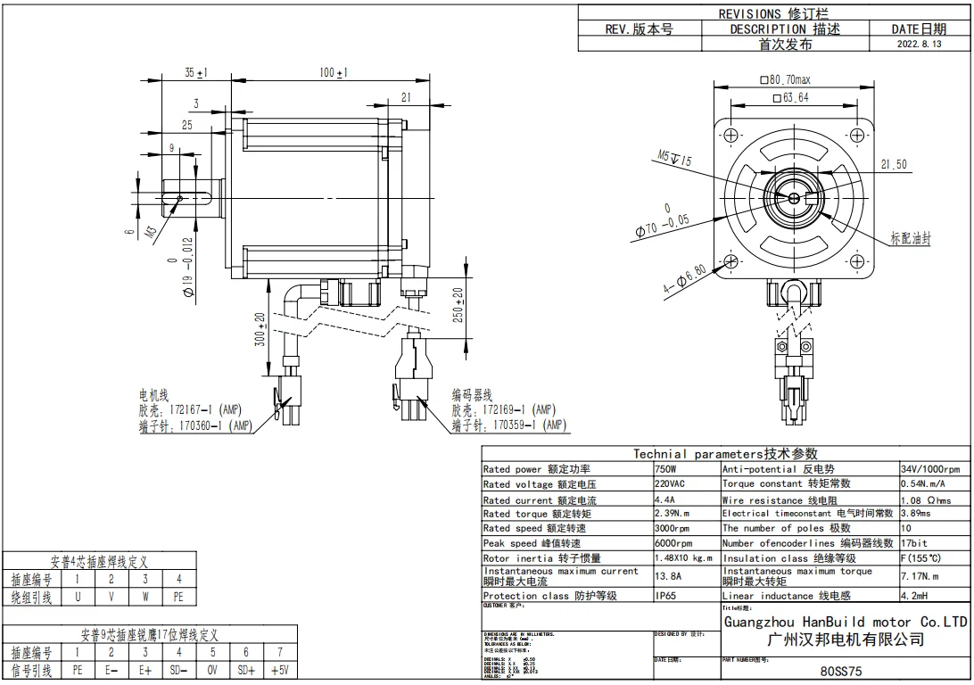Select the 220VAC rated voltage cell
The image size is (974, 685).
[671, 484]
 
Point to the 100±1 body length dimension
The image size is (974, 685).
[334, 72]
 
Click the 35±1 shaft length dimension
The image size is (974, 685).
[196, 72]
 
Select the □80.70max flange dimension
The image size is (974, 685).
[785, 80]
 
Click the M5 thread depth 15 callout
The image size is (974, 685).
[675, 158]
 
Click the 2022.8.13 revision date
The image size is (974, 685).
[918, 44]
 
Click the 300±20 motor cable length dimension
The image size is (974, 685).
[260, 330]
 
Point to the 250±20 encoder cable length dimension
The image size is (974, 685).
[458, 306]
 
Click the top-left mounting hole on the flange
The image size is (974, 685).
[731, 136]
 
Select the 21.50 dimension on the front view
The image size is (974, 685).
[893, 164]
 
